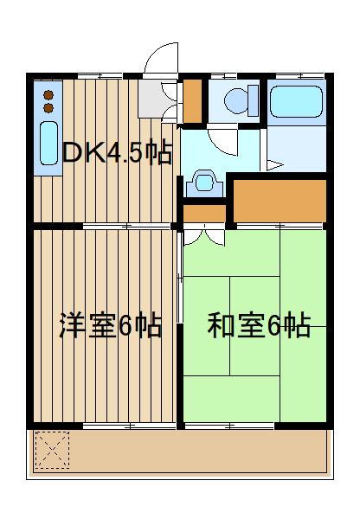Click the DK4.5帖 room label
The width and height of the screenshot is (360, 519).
[x=116, y=153]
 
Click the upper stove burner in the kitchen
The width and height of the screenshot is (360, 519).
[x=48, y=93]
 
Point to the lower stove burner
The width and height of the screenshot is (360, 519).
[x=48, y=107]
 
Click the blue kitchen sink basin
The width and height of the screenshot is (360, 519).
[x=48, y=144]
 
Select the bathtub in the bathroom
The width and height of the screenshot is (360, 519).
[x=297, y=102]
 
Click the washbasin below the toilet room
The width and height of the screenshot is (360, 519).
[x=204, y=183]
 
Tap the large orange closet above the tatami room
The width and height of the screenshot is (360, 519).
[x=279, y=199]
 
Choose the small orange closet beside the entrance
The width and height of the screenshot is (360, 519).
[x=192, y=100]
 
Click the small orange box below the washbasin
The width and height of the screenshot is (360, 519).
[x=202, y=214]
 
